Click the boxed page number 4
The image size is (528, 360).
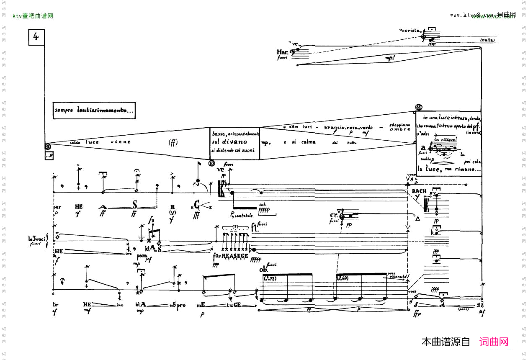36,37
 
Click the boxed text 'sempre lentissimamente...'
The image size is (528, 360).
94,111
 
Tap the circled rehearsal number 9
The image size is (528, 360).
48,147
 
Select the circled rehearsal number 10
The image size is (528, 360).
212,163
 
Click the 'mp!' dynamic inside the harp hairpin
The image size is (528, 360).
390,59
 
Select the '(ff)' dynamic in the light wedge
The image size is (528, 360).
173,142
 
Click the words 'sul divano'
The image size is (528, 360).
229,141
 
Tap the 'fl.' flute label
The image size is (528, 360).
254,229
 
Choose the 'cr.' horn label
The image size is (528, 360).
334,215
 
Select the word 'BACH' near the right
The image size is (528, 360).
419,191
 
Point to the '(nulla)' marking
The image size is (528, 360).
488,40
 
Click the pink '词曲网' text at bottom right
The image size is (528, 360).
494,342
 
